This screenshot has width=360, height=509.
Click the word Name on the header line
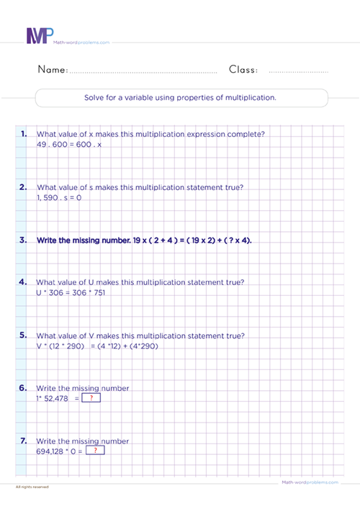pos(51,70)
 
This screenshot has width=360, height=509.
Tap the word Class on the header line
pos(243,70)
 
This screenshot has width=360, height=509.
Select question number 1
pos(24,133)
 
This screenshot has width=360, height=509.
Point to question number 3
pos(24,240)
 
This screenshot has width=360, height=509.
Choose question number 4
pos(24,281)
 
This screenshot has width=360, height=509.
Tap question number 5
pos(24,335)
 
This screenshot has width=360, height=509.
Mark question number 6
pos(24,387)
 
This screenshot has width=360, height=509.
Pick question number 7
pos(24,441)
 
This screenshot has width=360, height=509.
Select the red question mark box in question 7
pos(95,451)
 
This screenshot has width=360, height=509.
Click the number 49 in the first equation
pos(42,144)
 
